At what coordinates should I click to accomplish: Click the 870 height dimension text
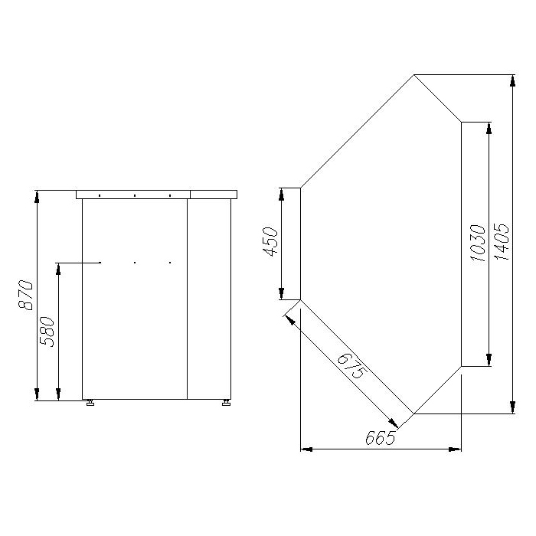point(25,295)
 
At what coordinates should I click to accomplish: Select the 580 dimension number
point(47,332)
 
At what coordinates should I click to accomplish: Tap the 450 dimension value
point(270,242)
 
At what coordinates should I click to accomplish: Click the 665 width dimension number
point(380,437)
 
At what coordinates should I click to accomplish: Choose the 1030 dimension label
point(478,243)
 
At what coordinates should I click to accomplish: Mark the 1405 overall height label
point(502,242)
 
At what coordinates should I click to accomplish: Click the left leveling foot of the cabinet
point(90,403)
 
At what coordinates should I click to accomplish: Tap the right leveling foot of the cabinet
point(227,403)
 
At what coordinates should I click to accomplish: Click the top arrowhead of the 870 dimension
point(37,196)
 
